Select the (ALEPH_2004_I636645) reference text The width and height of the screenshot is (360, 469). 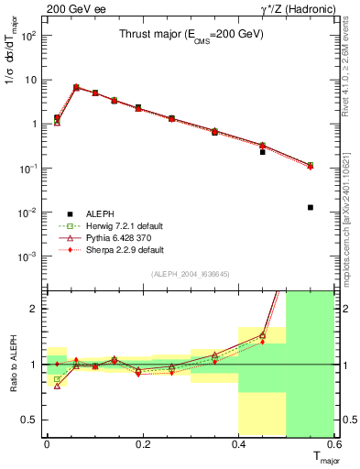point(191,274)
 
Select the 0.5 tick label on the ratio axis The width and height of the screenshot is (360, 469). point(29,420)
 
